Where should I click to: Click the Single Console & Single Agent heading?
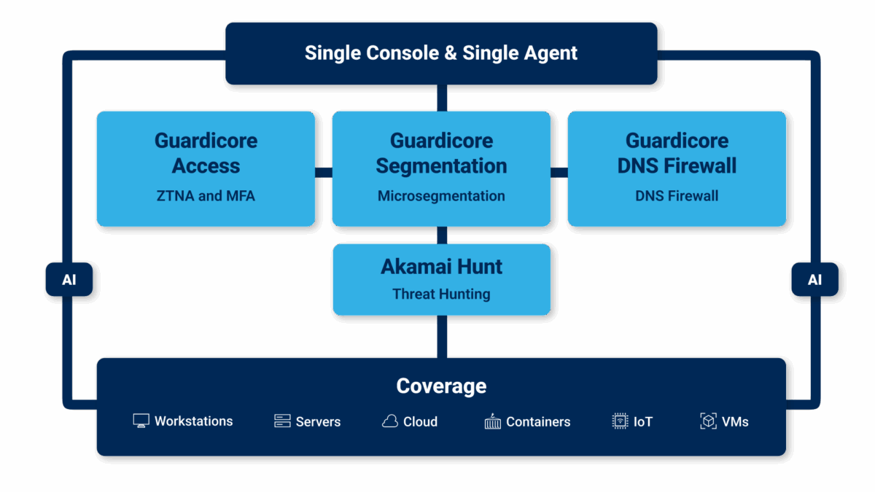pyautogui.click(x=440, y=53)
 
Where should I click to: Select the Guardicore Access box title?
pyautogui.click(x=206, y=153)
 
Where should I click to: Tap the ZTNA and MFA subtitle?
pyautogui.click(x=206, y=195)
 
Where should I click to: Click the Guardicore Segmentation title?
pyautogui.click(x=441, y=153)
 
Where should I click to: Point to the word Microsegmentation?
pyautogui.click(x=441, y=195)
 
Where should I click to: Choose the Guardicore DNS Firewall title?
pyautogui.click(x=677, y=153)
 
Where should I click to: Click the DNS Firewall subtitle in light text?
pyautogui.click(x=677, y=195)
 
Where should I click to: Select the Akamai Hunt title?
pyautogui.click(x=441, y=267)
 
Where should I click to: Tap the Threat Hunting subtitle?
pyautogui.click(x=441, y=294)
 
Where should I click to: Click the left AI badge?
pyautogui.click(x=69, y=280)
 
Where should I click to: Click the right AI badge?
pyautogui.click(x=814, y=280)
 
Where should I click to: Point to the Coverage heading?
pyautogui.click(x=441, y=386)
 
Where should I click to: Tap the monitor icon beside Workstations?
pyautogui.click(x=141, y=421)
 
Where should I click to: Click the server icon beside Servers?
pyautogui.click(x=282, y=421)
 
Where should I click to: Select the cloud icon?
pyautogui.click(x=390, y=421)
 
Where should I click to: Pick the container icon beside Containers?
pyautogui.click(x=493, y=421)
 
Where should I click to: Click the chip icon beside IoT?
pyautogui.click(x=620, y=421)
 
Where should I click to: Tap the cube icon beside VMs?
pyautogui.click(x=708, y=421)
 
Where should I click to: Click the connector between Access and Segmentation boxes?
pyautogui.click(x=324, y=172)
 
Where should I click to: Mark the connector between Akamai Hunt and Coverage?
pyautogui.click(x=441, y=336)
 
